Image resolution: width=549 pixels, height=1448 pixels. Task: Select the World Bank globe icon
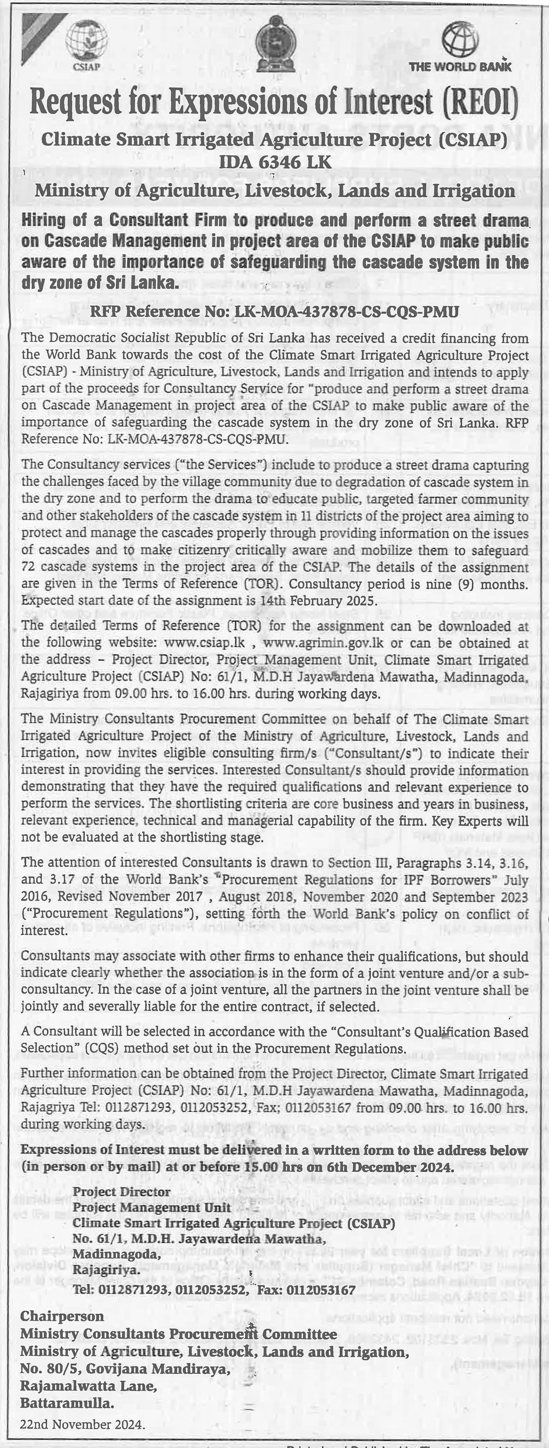coord(460,39)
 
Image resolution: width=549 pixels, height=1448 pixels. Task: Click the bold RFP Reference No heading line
coord(275,311)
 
